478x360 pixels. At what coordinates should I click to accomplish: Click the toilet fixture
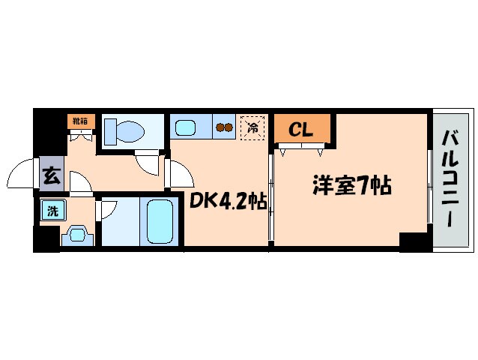pos(124,132)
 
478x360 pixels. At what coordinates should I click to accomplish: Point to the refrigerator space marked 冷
pos(252,127)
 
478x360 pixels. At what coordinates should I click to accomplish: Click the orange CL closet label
pos(301,130)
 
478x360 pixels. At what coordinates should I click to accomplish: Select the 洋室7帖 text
pos(352,184)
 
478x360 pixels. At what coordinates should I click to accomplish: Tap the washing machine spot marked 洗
pos(52,211)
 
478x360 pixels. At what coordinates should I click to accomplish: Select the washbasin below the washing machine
pos(79,235)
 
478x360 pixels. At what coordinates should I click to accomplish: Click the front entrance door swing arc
pos(24,175)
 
